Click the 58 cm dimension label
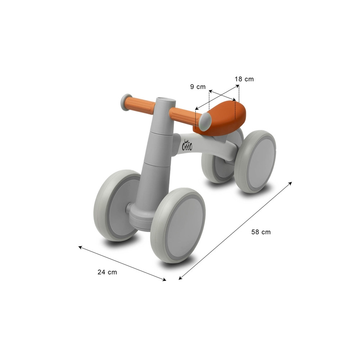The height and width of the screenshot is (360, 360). [261, 232]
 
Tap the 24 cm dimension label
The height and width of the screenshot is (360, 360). [107, 272]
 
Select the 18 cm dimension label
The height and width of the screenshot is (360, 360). [244, 79]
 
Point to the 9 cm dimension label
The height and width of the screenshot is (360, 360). [198, 87]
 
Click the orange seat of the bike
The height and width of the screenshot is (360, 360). [220, 117]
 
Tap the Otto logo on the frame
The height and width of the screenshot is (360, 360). [187, 145]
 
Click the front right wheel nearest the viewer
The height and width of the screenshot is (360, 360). [178, 225]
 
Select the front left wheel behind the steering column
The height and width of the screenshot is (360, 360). [117, 206]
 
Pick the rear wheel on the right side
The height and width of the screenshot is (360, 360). [255, 162]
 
